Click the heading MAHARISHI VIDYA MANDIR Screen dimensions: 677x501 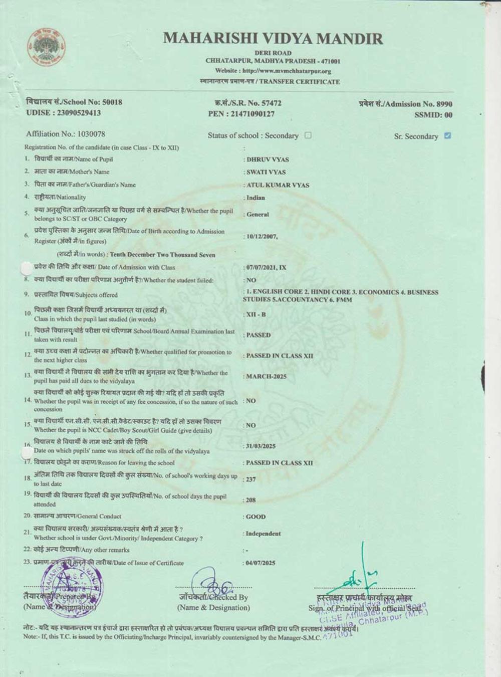click(273, 38)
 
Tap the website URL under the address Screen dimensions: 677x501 click(273, 71)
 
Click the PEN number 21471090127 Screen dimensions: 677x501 click(253, 114)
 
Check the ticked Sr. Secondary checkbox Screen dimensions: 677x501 click(447, 135)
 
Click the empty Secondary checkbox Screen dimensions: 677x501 click(308, 135)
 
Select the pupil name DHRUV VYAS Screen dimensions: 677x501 click(268, 159)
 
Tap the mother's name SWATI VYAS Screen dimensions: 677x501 click(266, 172)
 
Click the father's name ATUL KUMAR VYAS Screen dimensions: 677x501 click(278, 185)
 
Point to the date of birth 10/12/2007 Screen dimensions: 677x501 click(262, 236)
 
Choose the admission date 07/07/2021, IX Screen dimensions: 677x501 click(266, 268)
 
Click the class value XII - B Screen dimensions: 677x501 click(256, 314)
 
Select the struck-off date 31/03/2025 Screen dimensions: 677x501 click(261, 446)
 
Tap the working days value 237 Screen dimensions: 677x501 click(251, 479)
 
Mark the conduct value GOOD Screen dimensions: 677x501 click(256, 517)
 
